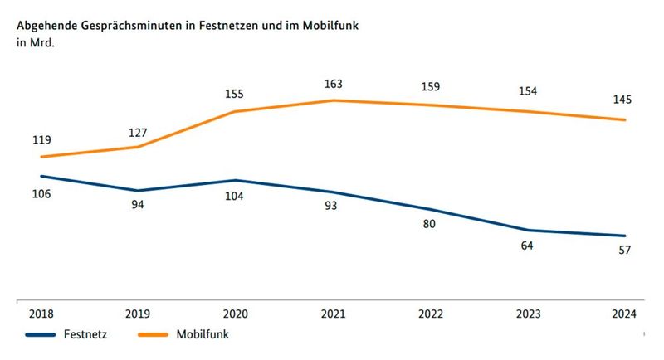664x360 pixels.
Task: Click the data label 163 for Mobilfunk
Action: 334,84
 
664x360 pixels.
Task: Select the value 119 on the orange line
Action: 41,140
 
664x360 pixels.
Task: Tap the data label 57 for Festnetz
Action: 624,251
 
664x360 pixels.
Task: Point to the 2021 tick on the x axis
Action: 333,314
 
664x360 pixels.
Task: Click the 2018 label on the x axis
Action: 41,314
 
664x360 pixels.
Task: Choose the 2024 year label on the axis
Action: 623,314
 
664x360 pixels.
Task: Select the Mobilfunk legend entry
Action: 202,334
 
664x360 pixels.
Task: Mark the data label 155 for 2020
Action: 236,94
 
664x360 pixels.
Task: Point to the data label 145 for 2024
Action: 623,100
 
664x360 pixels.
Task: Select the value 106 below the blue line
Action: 41,193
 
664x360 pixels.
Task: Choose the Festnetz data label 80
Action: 429,224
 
